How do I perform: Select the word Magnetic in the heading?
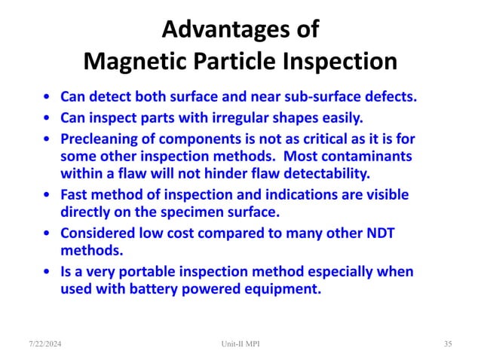pyautogui.click(x=136, y=61)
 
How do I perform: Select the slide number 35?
pyautogui.click(x=448, y=343)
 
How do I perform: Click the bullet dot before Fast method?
pyautogui.click(x=47, y=195)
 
